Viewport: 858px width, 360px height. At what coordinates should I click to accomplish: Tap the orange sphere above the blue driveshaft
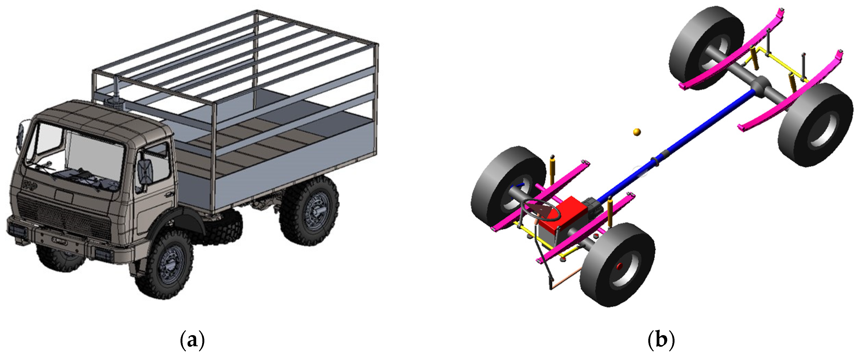pos(637,132)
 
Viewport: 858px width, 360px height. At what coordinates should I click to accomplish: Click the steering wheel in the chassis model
pos(537,210)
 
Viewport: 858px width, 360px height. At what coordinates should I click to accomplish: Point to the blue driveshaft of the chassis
pos(673,146)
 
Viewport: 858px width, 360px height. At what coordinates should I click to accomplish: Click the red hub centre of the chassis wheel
pos(620,266)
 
